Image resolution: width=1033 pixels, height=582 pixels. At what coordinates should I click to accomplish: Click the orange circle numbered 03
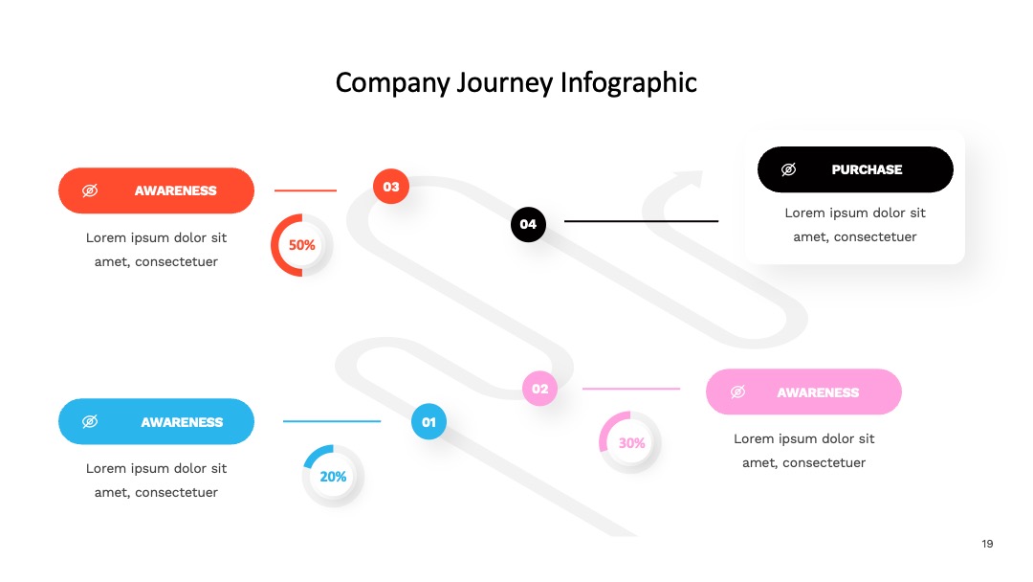[x=390, y=187]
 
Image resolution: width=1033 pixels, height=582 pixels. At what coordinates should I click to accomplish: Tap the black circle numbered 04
[x=528, y=224]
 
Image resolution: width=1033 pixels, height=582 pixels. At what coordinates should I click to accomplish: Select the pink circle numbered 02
[x=539, y=389]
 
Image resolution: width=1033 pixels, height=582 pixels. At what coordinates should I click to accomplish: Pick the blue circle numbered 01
[x=429, y=422]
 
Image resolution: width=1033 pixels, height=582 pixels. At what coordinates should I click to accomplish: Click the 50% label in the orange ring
[x=301, y=245]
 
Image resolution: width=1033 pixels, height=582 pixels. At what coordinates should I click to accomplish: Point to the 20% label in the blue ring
[x=333, y=477]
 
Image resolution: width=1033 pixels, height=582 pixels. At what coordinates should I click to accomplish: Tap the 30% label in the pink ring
[x=631, y=443]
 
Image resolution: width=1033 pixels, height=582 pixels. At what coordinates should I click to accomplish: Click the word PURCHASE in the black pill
[x=867, y=169]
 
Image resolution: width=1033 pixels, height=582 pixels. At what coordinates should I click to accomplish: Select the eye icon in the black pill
[x=788, y=169]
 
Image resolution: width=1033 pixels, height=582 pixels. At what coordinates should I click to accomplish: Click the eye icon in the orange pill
[x=90, y=190]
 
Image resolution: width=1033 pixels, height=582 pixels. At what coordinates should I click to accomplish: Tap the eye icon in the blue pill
[x=90, y=421]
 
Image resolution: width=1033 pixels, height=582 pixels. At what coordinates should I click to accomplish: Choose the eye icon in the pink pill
[x=737, y=392]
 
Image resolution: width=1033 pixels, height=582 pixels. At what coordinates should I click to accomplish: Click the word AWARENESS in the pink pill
[x=818, y=392]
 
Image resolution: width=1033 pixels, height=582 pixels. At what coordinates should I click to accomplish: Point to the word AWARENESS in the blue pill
[x=182, y=422]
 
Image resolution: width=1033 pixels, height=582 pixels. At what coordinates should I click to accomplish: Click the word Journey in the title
[x=505, y=83]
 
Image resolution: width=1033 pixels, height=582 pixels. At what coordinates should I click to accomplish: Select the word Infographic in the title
[x=628, y=83]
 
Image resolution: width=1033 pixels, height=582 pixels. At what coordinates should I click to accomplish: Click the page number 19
[x=987, y=544]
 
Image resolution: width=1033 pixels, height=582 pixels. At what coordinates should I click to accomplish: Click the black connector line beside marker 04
[x=641, y=221]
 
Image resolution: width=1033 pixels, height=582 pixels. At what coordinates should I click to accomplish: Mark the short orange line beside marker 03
[x=305, y=190]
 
